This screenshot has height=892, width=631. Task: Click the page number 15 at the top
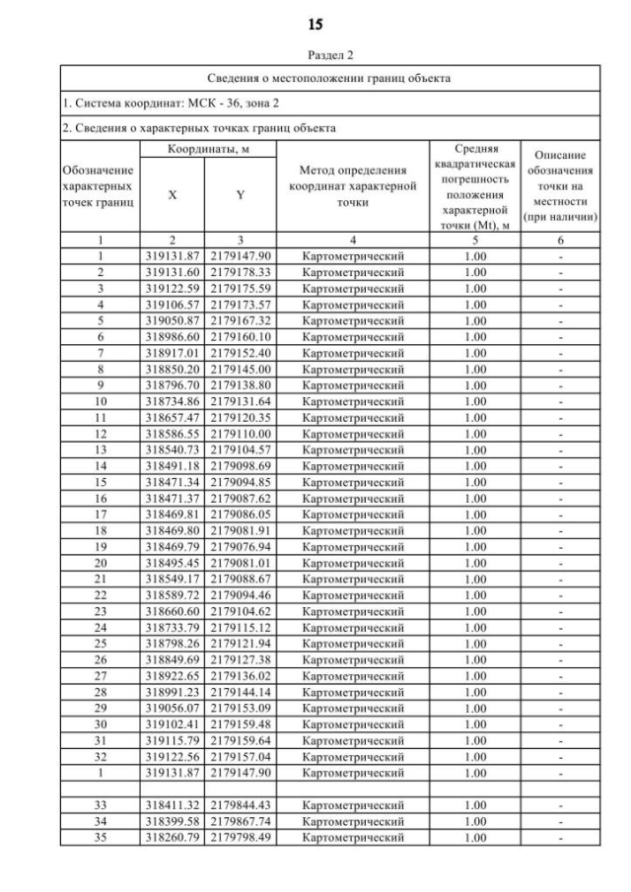pyautogui.click(x=315, y=23)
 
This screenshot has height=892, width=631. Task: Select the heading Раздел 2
pyautogui.click(x=315, y=57)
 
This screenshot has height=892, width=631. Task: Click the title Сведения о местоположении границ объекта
pyautogui.click(x=329, y=78)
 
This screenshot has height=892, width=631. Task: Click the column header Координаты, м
pyautogui.click(x=205, y=148)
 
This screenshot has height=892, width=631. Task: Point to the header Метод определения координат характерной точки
pyautogui.click(x=354, y=186)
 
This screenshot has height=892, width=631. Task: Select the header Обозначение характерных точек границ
pyautogui.click(x=99, y=186)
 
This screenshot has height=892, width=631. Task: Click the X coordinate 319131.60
pyautogui.click(x=173, y=271)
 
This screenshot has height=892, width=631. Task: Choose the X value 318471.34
pyautogui.click(x=173, y=483)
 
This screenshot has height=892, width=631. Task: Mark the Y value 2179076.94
pyautogui.click(x=241, y=546)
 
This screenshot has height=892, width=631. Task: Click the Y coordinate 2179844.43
pyautogui.click(x=241, y=805)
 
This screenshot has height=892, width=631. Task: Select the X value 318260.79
pyautogui.click(x=173, y=837)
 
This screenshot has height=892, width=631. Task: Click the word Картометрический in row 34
pyautogui.click(x=354, y=821)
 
